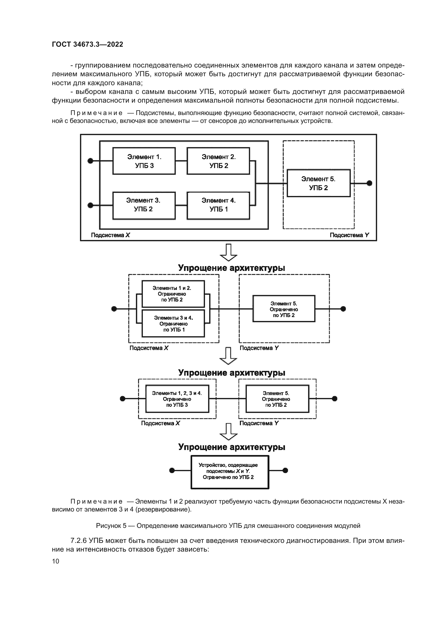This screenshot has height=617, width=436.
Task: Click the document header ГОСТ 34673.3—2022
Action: coord(87,44)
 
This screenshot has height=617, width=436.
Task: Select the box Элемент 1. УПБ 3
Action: coord(144,161)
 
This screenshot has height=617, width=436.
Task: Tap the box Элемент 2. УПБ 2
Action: coord(218,161)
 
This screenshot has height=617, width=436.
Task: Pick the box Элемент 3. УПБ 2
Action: coord(144,205)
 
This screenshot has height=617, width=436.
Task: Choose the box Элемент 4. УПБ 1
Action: coord(218,205)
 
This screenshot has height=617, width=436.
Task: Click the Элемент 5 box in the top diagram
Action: coord(318,183)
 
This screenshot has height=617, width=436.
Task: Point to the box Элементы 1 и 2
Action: coord(173,294)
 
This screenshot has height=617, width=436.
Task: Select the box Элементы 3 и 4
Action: coord(173,324)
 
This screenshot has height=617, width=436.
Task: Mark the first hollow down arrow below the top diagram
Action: coord(229,252)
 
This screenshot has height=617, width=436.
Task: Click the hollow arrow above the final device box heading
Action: coord(229,432)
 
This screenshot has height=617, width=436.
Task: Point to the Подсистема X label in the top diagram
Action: coord(110,235)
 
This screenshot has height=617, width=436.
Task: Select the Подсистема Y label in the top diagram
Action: coord(349,235)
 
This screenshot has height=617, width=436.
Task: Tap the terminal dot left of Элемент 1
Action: coord(90,161)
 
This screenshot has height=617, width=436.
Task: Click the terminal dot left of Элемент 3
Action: coord(90,205)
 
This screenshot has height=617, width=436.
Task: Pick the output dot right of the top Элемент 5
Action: coord(369,183)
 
